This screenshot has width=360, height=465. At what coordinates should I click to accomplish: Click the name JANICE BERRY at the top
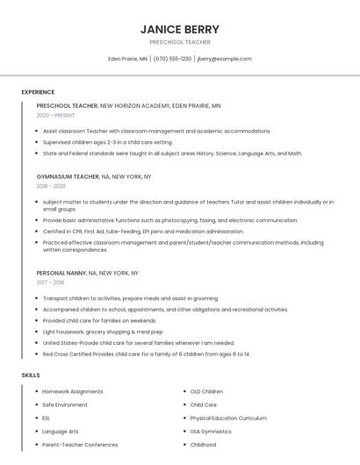179,29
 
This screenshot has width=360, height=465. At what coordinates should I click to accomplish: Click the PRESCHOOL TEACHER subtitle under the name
179,42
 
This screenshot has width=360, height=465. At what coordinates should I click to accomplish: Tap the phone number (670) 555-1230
172,59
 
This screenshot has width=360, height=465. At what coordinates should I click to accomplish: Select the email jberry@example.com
225,59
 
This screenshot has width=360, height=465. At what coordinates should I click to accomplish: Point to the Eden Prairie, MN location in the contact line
127,59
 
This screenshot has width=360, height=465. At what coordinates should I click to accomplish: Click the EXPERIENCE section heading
38,92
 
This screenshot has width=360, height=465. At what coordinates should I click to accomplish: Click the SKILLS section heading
31,375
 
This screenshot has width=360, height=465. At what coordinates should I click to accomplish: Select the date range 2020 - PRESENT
56,115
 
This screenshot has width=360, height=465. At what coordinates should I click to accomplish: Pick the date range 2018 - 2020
51,186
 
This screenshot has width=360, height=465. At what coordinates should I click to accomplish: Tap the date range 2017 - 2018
51,283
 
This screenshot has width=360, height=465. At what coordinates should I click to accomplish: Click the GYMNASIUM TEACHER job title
68,176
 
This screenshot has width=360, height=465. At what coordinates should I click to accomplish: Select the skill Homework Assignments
73,391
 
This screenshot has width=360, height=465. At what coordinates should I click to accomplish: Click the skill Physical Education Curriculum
228,418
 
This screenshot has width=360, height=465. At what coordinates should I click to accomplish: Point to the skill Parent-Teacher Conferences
80,445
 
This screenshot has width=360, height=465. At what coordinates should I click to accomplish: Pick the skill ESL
47,418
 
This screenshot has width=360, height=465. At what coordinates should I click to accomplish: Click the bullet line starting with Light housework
91,332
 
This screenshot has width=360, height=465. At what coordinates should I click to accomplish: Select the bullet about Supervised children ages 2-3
108,142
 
